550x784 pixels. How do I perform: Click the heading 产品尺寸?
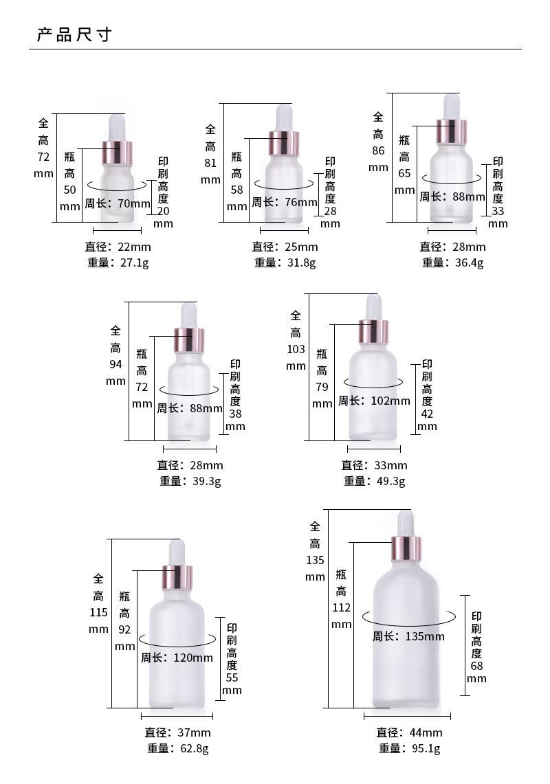tap(74, 34)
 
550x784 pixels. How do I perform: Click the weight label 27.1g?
tap(118, 262)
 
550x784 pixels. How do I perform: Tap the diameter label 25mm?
tap(285, 247)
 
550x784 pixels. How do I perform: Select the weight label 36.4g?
tap(453, 262)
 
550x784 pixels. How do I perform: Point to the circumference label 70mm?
tap(118, 203)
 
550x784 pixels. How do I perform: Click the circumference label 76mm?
tap(285, 202)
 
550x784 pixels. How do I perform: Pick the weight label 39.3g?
tap(190, 481)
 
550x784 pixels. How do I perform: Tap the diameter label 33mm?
tap(374, 465)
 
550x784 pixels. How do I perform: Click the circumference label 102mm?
tap(374, 401)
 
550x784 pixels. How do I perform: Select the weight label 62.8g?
tap(177, 748)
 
